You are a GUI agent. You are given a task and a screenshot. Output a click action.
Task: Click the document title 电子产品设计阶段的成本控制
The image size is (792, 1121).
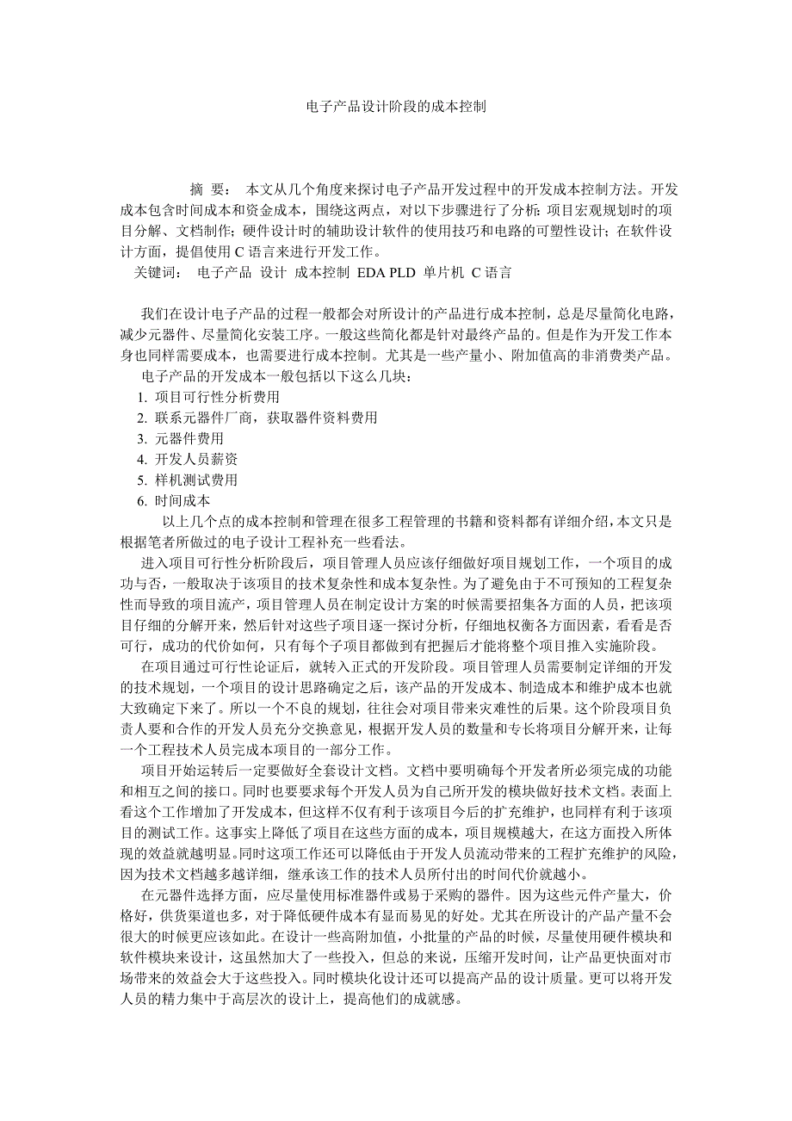(396, 108)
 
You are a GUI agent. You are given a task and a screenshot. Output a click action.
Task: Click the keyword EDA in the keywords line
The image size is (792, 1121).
(366, 273)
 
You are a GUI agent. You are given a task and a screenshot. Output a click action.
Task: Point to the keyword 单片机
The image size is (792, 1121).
(443, 273)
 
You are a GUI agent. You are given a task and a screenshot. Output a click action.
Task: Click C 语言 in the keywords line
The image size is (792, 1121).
(492, 273)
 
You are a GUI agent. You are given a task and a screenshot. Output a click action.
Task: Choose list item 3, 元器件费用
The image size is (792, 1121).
(189, 438)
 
